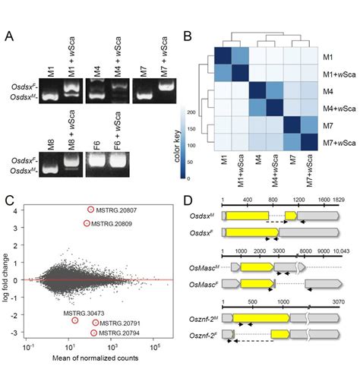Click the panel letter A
point(10,36)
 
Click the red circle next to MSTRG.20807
point(91,210)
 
